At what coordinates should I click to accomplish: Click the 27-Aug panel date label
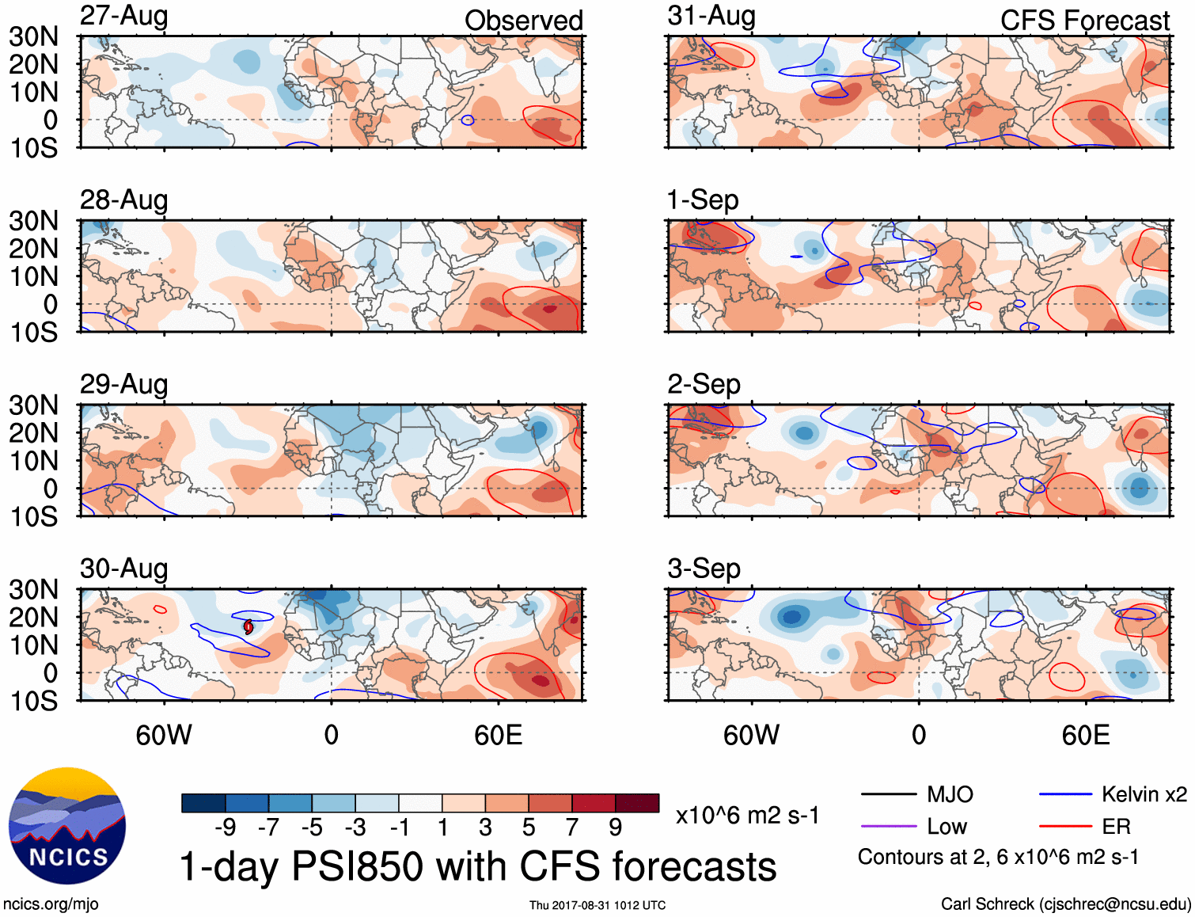(123, 16)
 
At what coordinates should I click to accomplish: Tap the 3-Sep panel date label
(704, 569)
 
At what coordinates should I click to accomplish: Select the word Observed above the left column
(523, 21)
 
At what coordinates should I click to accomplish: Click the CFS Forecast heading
(1084, 21)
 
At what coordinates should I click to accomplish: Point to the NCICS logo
(67, 826)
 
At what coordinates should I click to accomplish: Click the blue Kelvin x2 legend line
(1065, 794)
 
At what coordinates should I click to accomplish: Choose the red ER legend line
(1065, 827)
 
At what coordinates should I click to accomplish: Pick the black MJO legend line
(888, 794)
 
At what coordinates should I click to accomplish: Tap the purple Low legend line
(888, 827)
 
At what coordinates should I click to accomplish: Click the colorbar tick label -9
(226, 828)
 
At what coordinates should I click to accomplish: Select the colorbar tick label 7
(572, 828)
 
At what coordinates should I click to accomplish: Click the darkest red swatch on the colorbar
(637, 803)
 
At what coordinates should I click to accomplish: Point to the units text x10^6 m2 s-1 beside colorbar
(747, 815)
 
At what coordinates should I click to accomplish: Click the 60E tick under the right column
(1085, 735)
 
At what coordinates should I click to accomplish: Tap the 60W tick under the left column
(164, 735)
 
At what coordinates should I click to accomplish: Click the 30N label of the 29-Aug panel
(34, 405)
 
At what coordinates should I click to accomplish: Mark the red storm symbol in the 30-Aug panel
(248, 626)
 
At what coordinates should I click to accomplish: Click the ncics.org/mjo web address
(51, 904)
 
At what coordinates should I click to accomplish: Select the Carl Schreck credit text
(1065, 904)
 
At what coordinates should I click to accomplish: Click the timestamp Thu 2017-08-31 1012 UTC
(597, 905)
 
